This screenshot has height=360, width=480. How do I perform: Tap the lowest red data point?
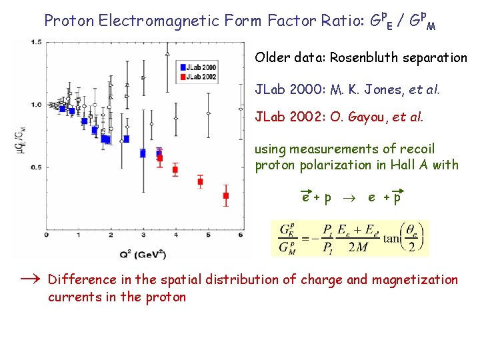click(x=225, y=195)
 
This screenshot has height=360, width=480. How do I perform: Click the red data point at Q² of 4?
click(x=175, y=169)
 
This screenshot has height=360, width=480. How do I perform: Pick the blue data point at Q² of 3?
click(x=143, y=153)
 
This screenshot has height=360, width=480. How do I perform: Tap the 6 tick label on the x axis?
click(x=240, y=235)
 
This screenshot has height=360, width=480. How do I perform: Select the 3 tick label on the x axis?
click(x=143, y=235)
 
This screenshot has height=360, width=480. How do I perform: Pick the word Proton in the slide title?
click(x=69, y=20)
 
